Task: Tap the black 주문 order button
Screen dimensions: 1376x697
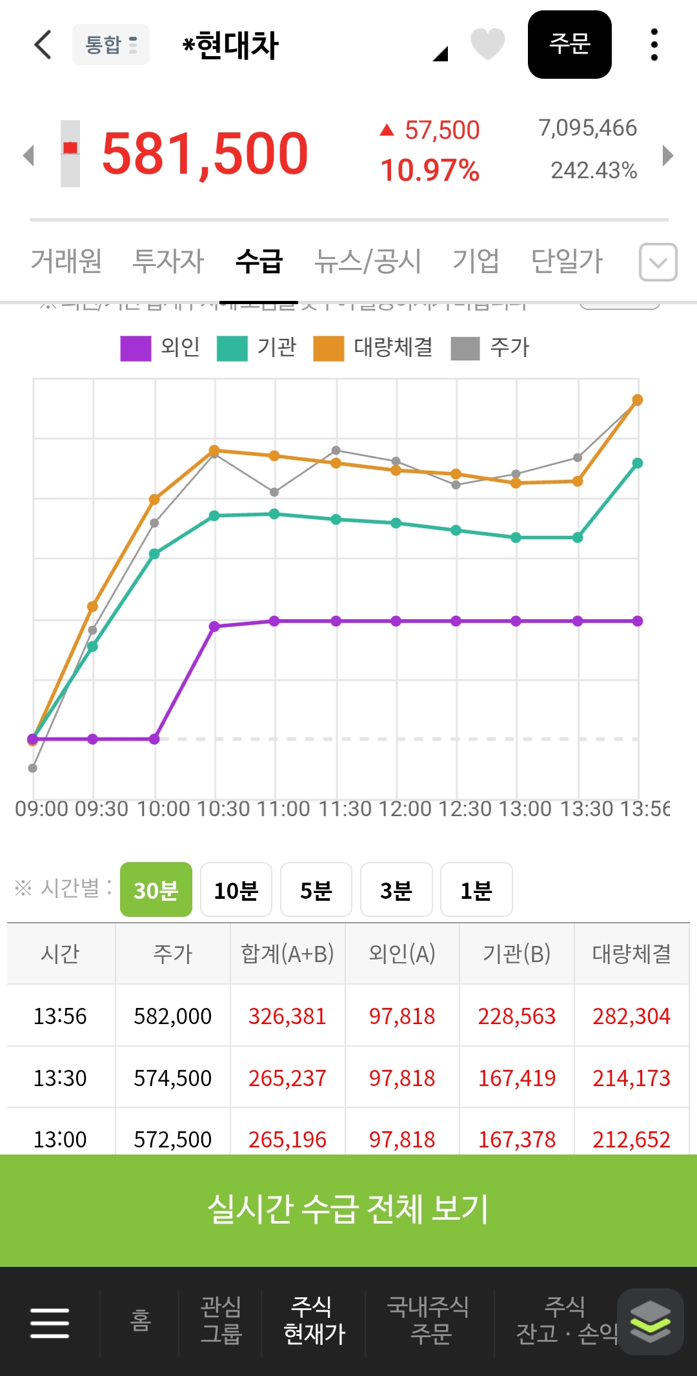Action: click(569, 45)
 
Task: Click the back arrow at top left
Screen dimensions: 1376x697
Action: click(43, 45)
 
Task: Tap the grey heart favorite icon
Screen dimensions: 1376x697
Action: click(487, 45)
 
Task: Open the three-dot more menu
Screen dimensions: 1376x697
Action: click(654, 45)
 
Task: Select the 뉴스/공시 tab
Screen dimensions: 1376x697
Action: click(367, 262)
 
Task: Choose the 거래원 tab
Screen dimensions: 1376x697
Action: click(66, 262)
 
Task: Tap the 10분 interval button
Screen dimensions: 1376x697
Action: click(236, 890)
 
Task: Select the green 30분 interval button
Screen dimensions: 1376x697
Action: click(156, 890)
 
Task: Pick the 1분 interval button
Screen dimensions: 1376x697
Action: click(476, 890)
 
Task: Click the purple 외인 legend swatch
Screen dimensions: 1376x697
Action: click(136, 348)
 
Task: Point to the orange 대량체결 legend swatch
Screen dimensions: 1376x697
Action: click(328, 348)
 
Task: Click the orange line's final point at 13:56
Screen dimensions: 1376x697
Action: click(637, 400)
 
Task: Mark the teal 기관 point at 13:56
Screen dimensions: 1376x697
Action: click(637, 463)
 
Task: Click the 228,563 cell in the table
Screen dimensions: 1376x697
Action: click(516, 1016)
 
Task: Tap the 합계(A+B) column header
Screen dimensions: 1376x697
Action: click(287, 954)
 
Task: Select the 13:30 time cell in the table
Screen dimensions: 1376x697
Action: click(60, 1078)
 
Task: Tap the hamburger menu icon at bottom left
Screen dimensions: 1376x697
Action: click(50, 1322)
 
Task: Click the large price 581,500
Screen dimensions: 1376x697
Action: click(205, 154)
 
